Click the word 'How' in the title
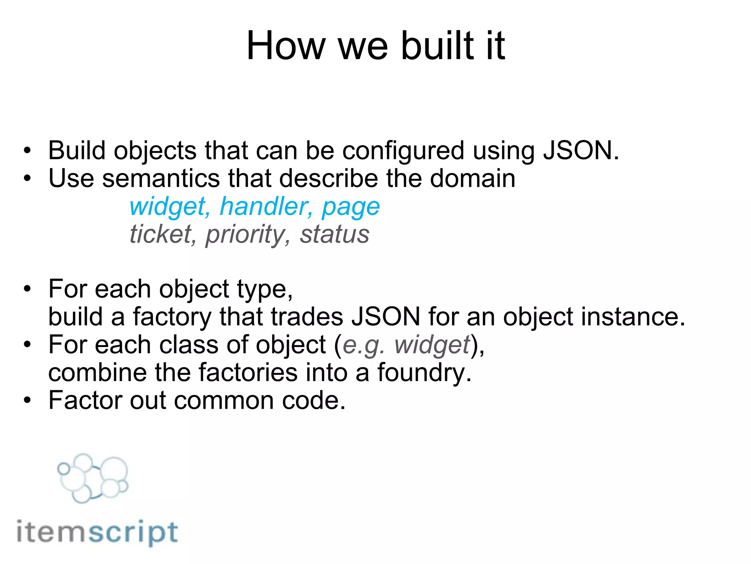point(286,46)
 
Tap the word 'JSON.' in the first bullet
point(581,151)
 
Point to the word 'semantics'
point(161,179)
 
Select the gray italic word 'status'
point(334,234)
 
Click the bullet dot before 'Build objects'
point(28,151)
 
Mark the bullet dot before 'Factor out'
point(28,401)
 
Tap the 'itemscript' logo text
point(97,532)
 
